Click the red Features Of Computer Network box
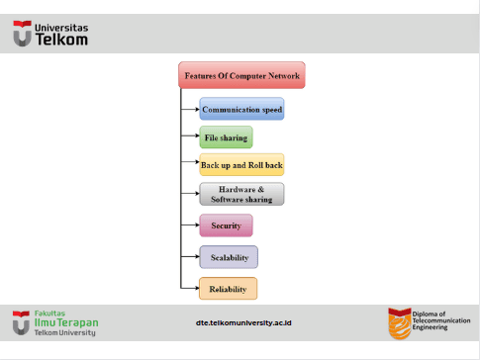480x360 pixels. pyautogui.click(x=241, y=75)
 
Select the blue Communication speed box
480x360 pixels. pyautogui.click(x=241, y=109)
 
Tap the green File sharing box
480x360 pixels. pyautogui.click(x=226, y=137)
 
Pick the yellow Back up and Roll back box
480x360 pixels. pyautogui.click(x=241, y=164)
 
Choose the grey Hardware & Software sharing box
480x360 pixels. pyautogui.click(x=241, y=194)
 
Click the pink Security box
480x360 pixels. pyautogui.click(x=226, y=225)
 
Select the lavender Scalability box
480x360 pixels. pyautogui.click(x=229, y=257)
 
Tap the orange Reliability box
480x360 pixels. pyautogui.click(x=228, y=289)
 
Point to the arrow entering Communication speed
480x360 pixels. pyautogui.click(x=190, y=109)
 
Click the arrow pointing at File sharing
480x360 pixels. pyautogui.click(x=190, y=135)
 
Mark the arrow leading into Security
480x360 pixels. pyautogui.click(x=190, y=225)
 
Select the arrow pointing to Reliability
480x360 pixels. pyautogui.click(x=190, y=288)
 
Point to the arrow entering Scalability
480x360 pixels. pyautogui.click(x=190, y=256)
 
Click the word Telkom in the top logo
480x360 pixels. pyautogui.click(x=61, y=40)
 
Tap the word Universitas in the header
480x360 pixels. pyautogui.click(x=61, y=28)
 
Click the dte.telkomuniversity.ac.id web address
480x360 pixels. pyautogui.click(x=243, y=322)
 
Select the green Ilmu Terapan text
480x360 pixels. pyautogui.click(x=66, y=322)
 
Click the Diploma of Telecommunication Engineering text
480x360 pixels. pyautogui.click(x=441, y=320)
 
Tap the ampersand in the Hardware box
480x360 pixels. pyautogui.click(x=261, y=189)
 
